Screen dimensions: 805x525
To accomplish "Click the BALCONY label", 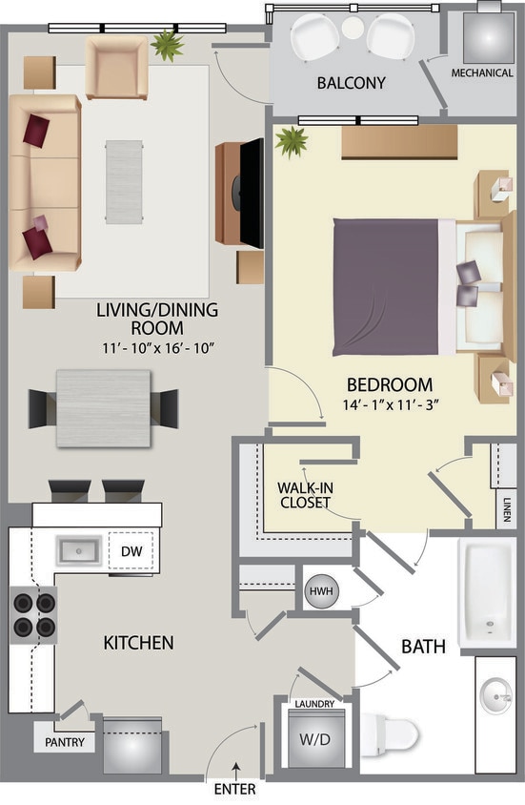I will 352,83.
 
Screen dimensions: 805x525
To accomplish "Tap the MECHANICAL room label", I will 482,72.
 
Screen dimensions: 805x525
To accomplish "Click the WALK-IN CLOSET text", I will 304,494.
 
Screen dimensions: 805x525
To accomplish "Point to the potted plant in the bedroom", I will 291,143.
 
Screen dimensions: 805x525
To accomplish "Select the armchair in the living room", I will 116,67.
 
